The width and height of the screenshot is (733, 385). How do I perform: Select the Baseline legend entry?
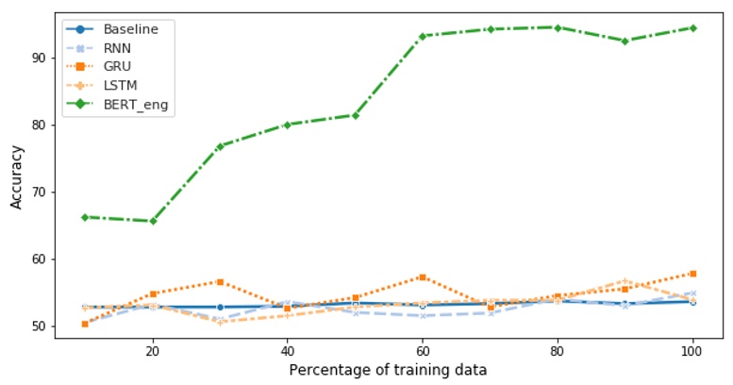[130, 28]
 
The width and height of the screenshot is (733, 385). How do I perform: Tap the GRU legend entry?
[118, 67]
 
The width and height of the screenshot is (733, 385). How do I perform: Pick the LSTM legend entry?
[122, 86]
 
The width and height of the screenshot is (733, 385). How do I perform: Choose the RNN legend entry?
[118, 48]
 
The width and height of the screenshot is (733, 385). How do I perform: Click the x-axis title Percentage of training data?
[388, 369]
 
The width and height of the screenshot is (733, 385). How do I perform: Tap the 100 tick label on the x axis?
[692, 349]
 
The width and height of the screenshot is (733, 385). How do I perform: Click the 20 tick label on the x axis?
[152, 349]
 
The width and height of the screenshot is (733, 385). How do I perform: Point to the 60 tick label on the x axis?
[423, 349]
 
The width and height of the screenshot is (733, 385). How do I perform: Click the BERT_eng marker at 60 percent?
[423, 36]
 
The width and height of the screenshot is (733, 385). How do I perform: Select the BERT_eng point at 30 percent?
[220, 146]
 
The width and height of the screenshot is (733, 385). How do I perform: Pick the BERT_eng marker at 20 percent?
[152, 221]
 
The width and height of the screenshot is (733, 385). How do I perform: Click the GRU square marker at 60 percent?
[423, 277]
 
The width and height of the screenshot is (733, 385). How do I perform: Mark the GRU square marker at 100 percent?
[692, 274]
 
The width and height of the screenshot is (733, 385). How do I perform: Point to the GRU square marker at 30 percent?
[220, 282]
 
